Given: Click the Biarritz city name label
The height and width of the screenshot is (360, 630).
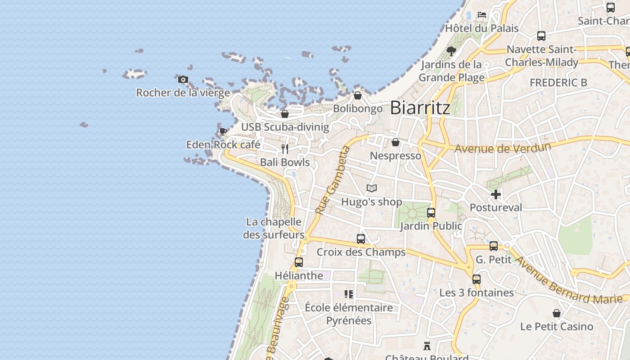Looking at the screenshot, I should tap(420, 108).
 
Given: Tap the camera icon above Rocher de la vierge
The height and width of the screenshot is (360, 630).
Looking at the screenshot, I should tap(183, 80).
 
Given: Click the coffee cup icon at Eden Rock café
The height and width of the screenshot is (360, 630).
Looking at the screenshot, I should tap(223, 131).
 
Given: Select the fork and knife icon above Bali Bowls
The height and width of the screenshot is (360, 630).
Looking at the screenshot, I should tap(284, 148).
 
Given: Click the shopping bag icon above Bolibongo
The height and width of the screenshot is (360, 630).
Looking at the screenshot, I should tap(358, 95).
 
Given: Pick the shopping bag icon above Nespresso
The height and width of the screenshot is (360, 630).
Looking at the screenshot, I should tap(396, 142).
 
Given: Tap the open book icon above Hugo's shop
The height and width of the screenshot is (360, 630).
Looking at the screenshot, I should tap(372, 188).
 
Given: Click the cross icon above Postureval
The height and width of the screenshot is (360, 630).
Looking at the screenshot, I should tap(496, 194).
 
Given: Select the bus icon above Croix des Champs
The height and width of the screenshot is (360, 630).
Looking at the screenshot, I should tap(361, 239).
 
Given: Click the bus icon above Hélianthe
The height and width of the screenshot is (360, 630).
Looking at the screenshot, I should tap(299, 262).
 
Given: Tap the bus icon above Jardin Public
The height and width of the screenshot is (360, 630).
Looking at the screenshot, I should tap(431, 213).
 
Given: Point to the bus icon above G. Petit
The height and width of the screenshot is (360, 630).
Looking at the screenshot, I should tap(494, 246).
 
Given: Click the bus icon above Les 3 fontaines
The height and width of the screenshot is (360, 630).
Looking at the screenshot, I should tap(477, 279).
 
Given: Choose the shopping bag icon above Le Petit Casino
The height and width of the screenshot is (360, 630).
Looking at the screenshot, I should tap(557, 313).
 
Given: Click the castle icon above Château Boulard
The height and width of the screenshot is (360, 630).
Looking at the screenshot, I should tap(427, 346).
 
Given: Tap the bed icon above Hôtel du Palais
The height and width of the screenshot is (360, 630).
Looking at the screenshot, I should tap(482, 15).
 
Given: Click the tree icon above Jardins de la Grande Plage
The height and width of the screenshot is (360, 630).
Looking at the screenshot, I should tap(451, 51).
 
